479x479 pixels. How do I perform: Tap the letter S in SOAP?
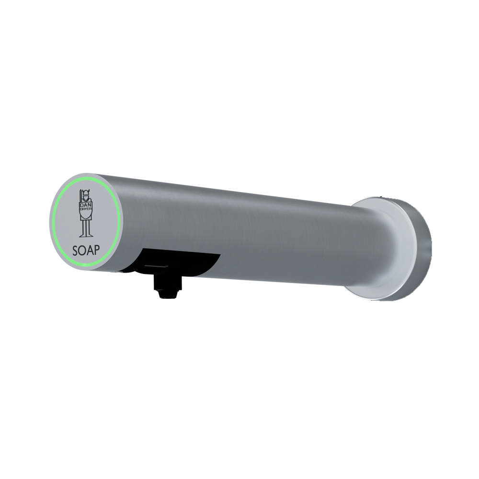tap(76, 250)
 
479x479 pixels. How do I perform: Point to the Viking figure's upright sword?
tap(80, 200)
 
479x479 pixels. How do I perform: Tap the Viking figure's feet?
tap(86, 235)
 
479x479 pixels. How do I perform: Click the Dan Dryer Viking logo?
tap(86, 213)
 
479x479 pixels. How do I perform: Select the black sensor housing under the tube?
tap(187, 261)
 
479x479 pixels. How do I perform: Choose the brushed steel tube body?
tap(239, 230)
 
